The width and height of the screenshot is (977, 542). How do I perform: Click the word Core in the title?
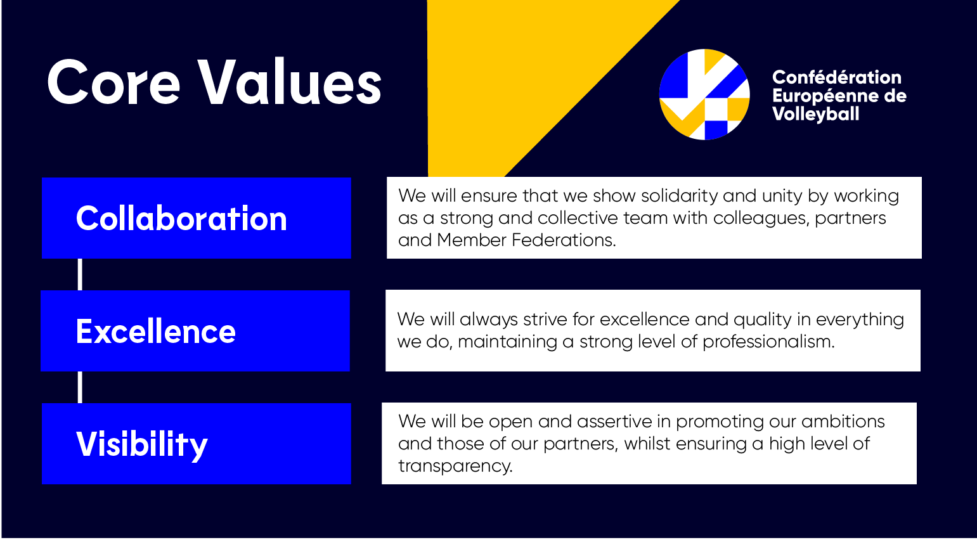tap(113, 82)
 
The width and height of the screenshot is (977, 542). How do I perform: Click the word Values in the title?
tap(289, 82)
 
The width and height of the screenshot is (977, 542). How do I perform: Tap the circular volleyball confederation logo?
tap(704, 94)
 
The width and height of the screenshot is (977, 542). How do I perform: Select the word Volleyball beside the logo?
tap(815, 114)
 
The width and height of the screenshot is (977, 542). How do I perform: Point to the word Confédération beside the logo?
tap(836, 77)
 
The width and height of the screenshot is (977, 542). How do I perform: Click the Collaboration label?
tap(181, 218)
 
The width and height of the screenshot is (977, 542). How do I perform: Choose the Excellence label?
tap(156, 331)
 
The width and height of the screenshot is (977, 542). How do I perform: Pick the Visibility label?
tap(142, 444)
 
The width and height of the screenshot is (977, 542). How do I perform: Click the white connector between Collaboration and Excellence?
tap(80, 274)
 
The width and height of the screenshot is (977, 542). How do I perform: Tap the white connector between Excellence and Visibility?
tap(80, 387)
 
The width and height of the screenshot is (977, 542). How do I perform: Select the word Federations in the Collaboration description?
tap(564, 240)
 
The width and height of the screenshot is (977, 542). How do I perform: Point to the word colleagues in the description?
tap(761, 218)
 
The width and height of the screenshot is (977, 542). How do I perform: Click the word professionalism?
tap(768, 342)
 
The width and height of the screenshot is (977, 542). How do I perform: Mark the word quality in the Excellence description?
tap(763, 320)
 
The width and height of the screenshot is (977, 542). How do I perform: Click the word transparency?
tap(455, 466)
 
